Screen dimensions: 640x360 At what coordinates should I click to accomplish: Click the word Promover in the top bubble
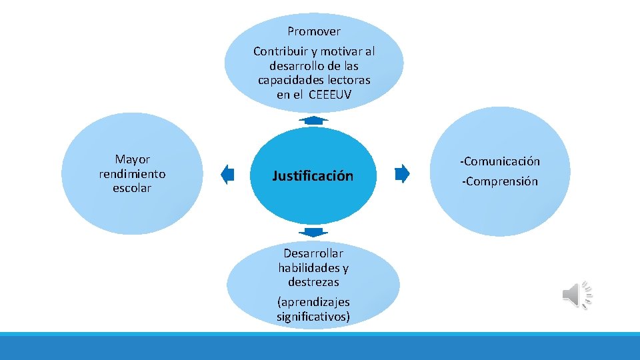(314, 31)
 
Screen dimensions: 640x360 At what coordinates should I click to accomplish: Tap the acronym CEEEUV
(330, 95)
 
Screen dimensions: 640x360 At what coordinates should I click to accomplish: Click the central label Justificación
(313, 176)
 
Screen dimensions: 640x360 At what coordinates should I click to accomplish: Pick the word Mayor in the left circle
(133, 159)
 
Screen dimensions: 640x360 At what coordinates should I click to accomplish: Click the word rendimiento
(132, 174)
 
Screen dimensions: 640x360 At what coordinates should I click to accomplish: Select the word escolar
(132, 188)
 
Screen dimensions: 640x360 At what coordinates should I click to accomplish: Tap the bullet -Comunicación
(499, 161)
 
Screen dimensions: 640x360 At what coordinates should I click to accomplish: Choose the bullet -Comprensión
(499, 181)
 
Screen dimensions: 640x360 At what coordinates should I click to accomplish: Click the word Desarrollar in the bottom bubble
(313, 253)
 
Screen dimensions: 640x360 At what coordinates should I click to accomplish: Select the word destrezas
(313, 282)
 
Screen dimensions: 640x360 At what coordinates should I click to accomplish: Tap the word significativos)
(313, 317)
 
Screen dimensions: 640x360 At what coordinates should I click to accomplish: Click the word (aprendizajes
(313, 302)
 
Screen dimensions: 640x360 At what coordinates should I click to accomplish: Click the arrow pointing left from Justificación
(228, 175)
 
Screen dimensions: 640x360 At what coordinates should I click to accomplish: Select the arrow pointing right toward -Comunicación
(401, 174)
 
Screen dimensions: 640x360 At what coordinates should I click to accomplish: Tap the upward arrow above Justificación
(313, 120)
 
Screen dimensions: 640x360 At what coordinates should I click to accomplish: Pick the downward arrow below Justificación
(313, 232)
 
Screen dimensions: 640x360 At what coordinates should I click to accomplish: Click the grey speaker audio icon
(577, 295)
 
